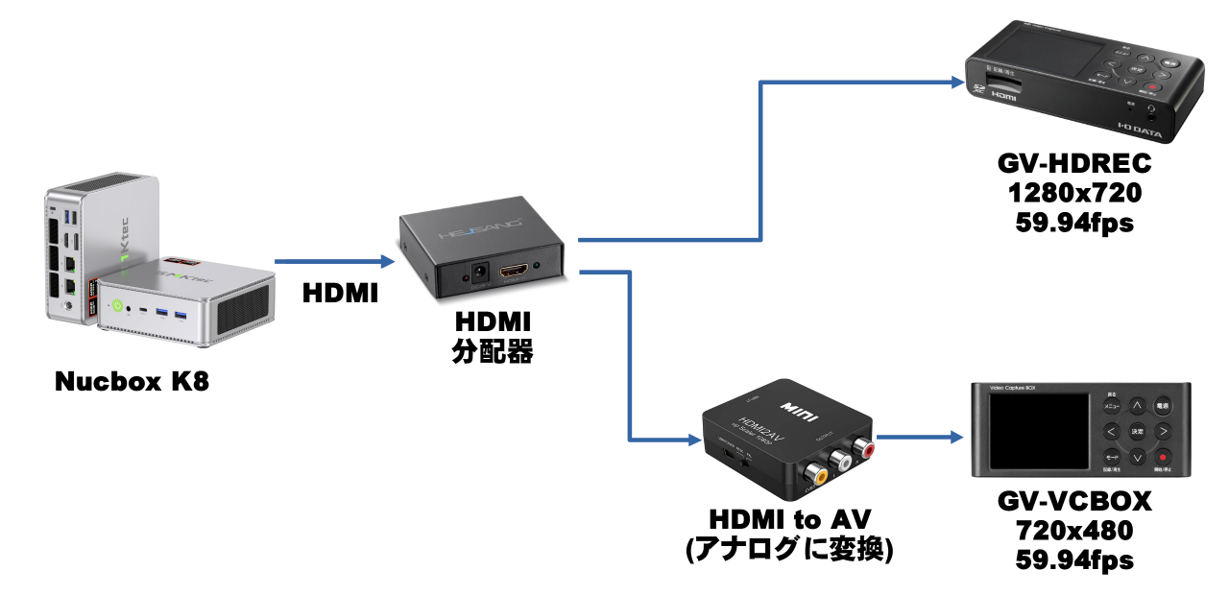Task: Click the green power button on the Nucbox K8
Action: click(117, 307)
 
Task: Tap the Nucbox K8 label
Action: click(132, 382)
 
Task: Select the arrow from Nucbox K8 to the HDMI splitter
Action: click(332, 261)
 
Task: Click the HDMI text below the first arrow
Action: click(340, 294)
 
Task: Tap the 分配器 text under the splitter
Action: click(492, 351)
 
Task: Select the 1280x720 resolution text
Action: click(1073, 194)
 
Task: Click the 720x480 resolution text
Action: click(1073, 530)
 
